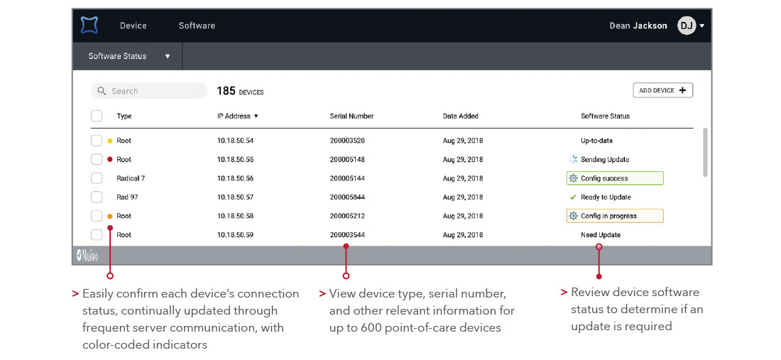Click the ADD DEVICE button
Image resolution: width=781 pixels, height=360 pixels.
pos(662,90)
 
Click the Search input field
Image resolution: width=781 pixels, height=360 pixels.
pos(149,91)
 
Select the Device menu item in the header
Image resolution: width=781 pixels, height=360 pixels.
pos(133,26)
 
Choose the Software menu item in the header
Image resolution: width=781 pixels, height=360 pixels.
pos(197,26)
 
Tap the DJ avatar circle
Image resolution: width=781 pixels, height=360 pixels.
pos(687,26)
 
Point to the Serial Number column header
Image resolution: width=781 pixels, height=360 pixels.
pos(351,116)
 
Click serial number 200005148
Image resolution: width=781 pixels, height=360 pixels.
pos(347,160)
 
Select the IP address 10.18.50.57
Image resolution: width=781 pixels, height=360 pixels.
pos(235,197)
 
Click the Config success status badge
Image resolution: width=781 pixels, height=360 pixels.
pos(615,178)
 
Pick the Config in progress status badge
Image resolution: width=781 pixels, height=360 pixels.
pos(615,216)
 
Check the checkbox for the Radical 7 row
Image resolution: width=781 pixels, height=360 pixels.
pos(97,178)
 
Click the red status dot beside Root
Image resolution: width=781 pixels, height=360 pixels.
pos(110,160)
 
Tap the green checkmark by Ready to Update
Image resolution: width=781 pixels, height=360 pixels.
pos(573,197)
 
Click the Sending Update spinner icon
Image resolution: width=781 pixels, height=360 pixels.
pos(574,160)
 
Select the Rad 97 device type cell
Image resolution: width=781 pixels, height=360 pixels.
pos(127,197)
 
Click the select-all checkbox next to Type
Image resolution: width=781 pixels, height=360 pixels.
pos(97,116)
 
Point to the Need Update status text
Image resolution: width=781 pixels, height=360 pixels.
pos(600,235)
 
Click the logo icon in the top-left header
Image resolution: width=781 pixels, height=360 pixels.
pos(89,26)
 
